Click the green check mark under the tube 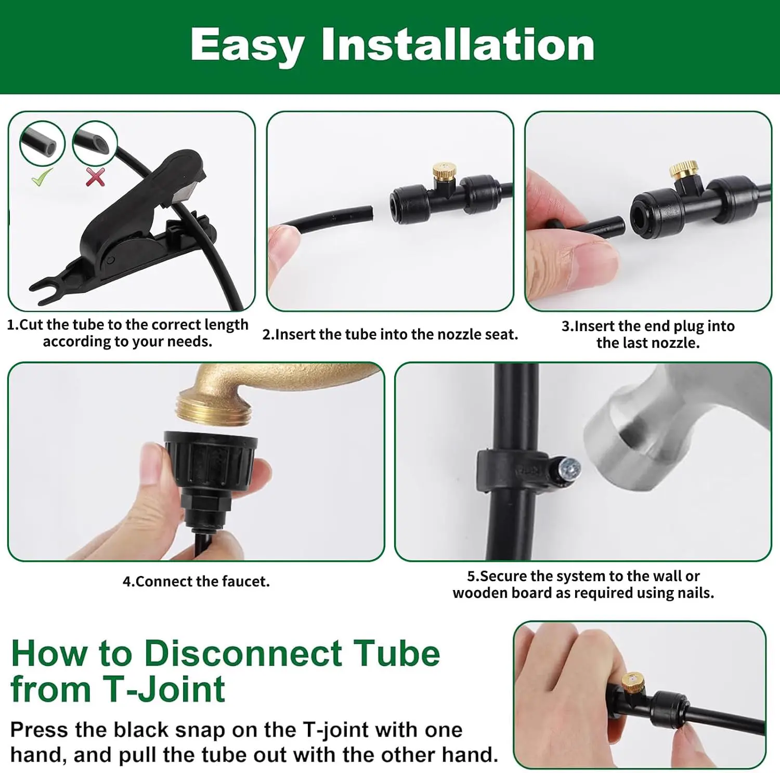point(42,177)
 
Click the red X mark point(95,177)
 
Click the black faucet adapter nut point(211,457)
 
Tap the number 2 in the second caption point(267,334)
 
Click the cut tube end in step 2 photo point(370,214)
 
